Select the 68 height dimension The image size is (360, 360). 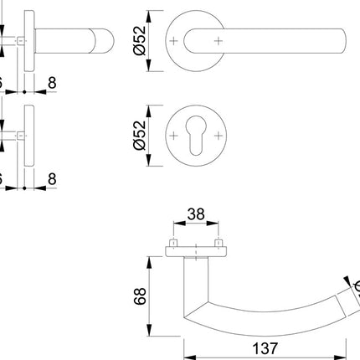click(x=140, y=295)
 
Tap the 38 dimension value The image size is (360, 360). click(x=197, y=214)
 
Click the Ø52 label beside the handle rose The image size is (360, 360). click(x=140, y=40)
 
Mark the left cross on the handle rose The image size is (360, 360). click(x=173, y=40)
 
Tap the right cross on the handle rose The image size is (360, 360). click(x=219, y=40)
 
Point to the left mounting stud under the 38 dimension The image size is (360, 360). click(x=174, y=244)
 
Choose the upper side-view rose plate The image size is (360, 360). click(x=30, y=42)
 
